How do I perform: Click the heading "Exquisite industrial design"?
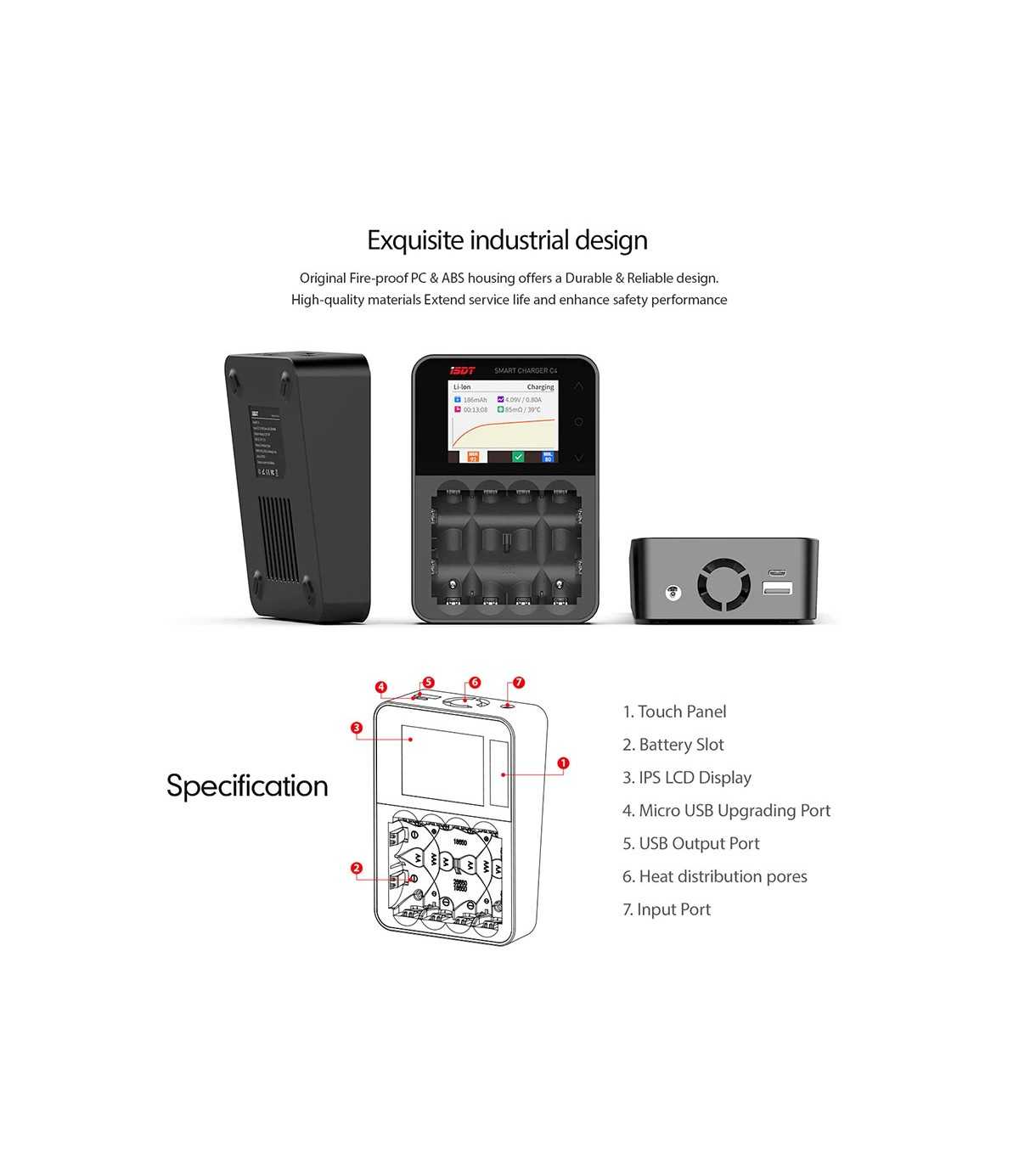point(507,240)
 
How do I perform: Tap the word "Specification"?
point(247,785)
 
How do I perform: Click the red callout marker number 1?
point(563,763)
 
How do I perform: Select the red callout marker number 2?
point(357,868)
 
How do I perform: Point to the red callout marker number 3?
point(357,728)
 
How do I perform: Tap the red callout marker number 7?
point(519,683)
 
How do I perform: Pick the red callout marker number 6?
point(475,683)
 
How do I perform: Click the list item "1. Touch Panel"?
point(674,712)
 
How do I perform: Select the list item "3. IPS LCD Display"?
point(686,778)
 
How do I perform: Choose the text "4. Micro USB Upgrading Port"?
point(726,811)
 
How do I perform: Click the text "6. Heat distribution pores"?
point(714,876)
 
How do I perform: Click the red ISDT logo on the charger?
point(462,371)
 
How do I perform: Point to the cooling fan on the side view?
point(724,584)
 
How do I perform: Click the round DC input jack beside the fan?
point(673,592)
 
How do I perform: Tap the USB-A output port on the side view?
point(778,588)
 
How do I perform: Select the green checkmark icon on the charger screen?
point(518,457)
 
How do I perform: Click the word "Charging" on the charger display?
point(540,387)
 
